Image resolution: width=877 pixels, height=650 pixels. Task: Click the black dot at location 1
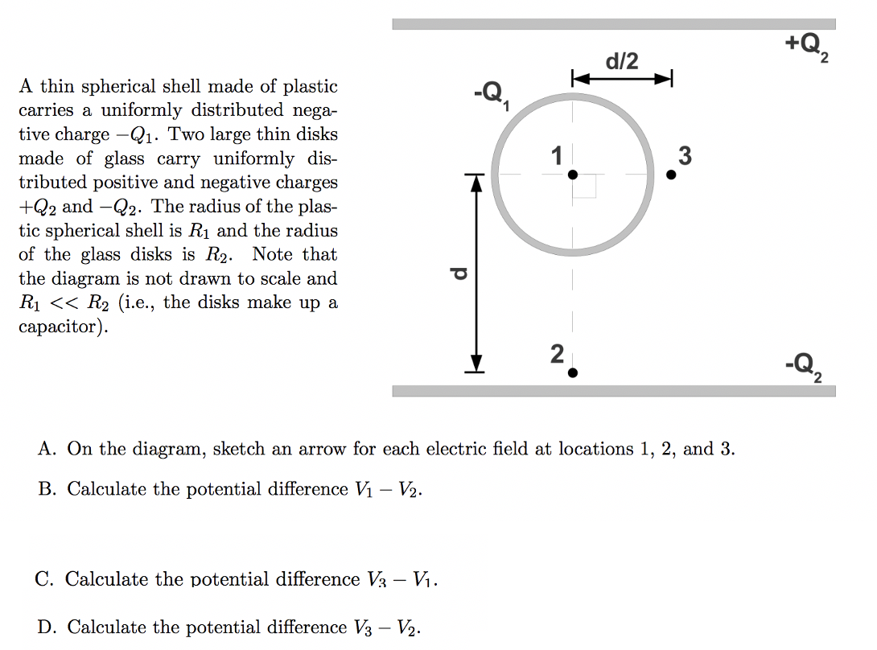click(x=572, y=174)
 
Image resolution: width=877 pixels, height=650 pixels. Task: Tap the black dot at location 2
click(x=572, y=372)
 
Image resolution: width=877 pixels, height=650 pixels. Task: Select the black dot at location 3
click(x=671, y=174)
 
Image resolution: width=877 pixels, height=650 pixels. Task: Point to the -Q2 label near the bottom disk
click(x=805, y=368)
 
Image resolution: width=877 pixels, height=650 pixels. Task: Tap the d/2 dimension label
click(x=621, y=61)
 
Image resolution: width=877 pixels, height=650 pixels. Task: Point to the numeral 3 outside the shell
click(x=685, y=155)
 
